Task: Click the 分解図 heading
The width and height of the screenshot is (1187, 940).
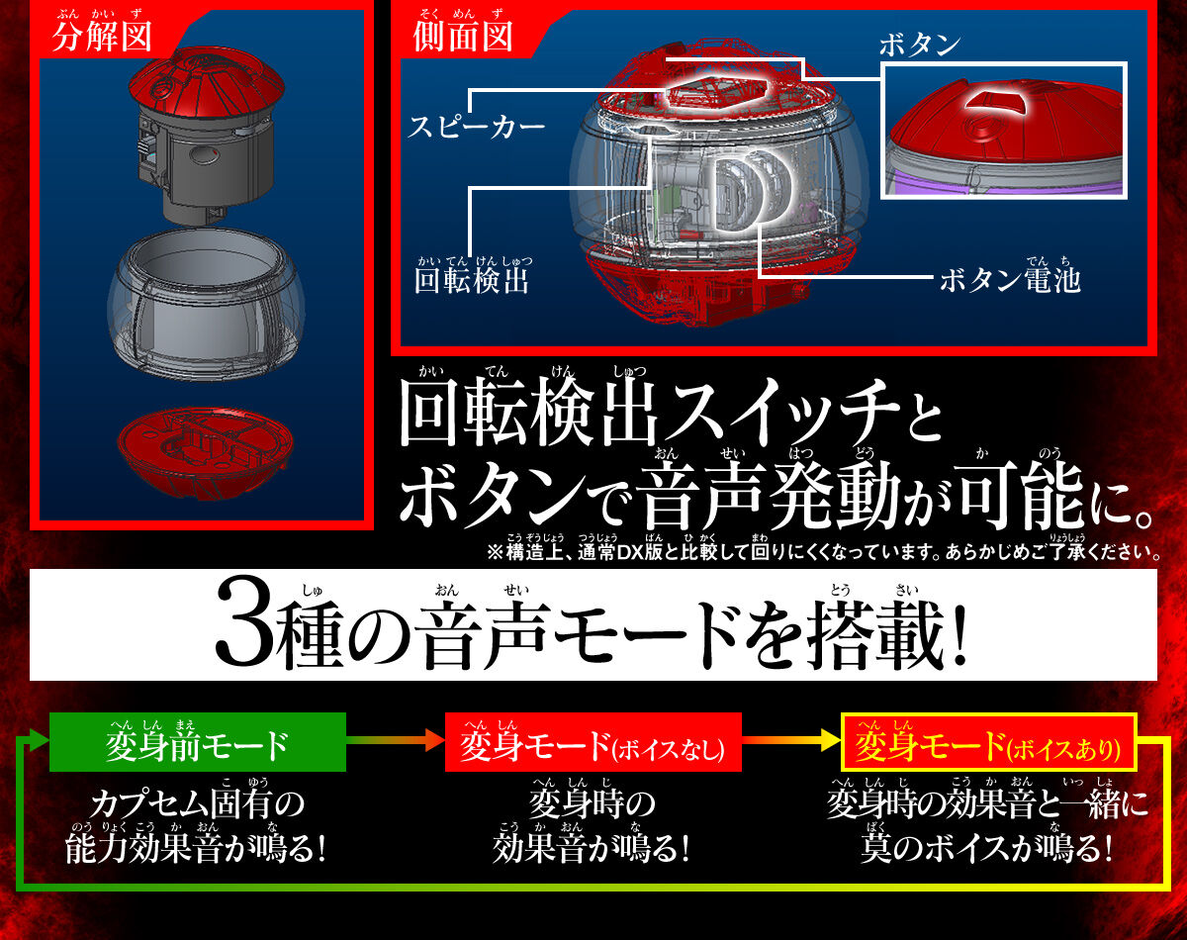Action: [x=102, y=37]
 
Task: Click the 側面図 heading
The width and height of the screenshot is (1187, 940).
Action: [x=463, y=37]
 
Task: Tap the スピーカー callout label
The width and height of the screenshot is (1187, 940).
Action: [x=476, y=127]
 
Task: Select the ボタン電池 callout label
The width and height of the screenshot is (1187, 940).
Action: [x=1010, y=280]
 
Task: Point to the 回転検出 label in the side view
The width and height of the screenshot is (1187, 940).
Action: [x=472, y=280]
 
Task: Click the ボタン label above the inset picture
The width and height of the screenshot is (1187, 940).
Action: [x=920, y=45]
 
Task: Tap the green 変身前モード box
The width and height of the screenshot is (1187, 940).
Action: [x=198, y=742]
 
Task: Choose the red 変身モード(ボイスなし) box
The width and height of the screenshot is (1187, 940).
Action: [x=593, y=742]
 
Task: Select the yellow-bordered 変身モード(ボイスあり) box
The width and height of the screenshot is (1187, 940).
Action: [x=988, y=742]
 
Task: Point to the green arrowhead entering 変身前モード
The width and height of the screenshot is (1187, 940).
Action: [x=39, y=740]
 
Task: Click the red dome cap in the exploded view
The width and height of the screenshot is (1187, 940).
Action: [x=207, y=84]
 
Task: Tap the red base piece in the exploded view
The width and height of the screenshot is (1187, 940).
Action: [x=205, y=451]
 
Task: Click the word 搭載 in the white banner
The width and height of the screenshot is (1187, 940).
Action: [x=876, y=633]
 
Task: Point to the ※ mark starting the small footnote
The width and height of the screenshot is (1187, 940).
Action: [x=496, y=552]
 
